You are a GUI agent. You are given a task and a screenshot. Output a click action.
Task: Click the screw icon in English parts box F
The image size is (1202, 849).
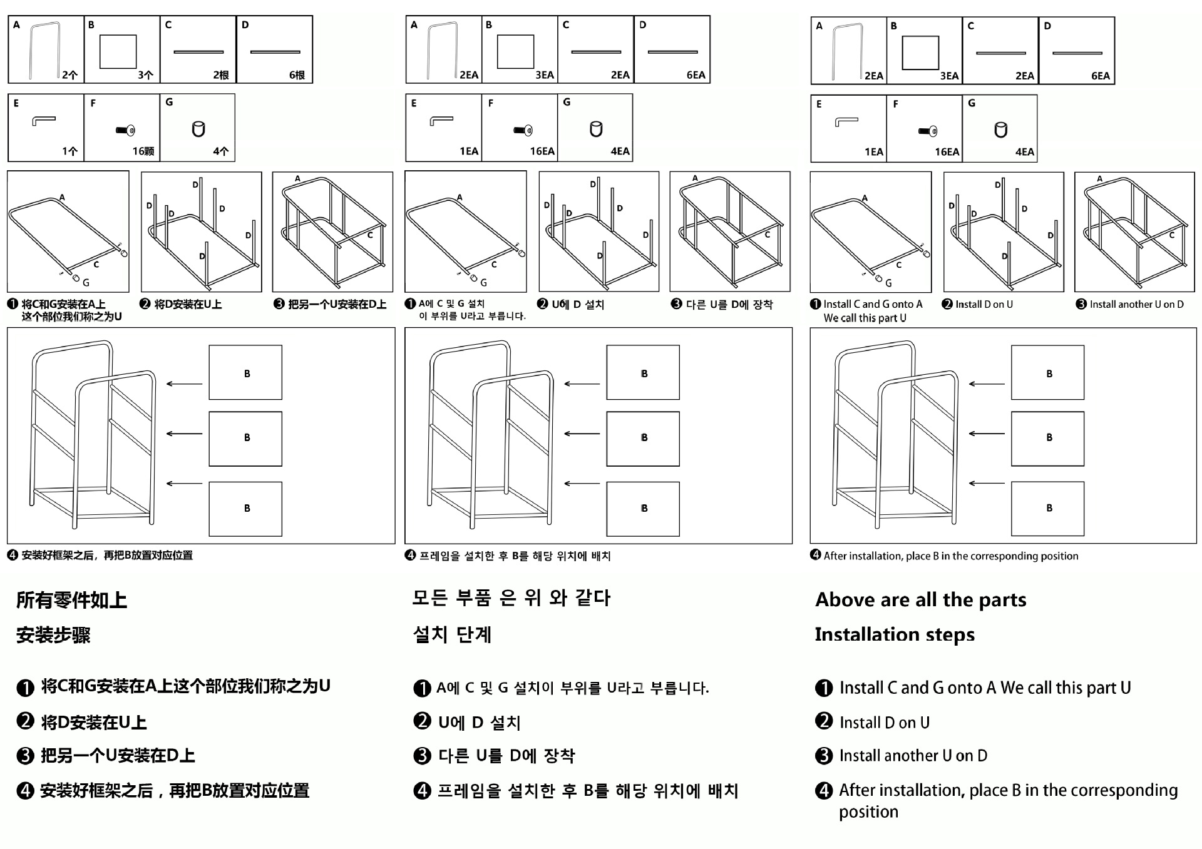point(928,131)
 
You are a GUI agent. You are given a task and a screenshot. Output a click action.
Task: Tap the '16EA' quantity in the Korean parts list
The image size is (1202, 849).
point(542,151)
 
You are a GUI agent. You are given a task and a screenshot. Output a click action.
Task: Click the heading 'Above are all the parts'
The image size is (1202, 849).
point(920,600)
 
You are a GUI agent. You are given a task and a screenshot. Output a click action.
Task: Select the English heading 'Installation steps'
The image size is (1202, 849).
point(895,634)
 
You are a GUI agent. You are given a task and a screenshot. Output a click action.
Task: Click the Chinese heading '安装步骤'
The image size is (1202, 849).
point(53,635)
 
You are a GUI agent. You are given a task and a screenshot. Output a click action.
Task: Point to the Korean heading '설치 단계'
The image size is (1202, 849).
point(452,634)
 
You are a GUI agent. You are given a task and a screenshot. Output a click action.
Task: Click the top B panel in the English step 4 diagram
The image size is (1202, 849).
point(1047,373)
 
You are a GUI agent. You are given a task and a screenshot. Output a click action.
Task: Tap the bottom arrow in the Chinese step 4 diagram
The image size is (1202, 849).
point(185,484)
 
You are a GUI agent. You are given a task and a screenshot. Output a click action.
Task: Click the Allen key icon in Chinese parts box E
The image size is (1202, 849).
point(44,120)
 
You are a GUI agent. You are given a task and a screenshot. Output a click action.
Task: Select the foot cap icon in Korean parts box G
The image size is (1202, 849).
point(596,129)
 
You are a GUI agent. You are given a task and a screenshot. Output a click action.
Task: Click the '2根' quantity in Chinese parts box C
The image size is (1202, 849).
point(220,75)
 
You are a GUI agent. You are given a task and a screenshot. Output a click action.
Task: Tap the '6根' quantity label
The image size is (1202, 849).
point(297,75)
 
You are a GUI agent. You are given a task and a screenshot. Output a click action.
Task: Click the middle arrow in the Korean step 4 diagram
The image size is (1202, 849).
point(582,434)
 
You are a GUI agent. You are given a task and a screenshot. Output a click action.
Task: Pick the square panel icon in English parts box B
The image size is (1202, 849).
point(920,53)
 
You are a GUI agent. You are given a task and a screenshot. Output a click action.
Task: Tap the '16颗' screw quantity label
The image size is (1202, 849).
point(143,151)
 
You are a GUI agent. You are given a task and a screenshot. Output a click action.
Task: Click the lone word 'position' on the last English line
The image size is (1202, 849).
point(868,812)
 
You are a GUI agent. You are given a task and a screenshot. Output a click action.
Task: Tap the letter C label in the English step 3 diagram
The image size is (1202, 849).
point(1172,235)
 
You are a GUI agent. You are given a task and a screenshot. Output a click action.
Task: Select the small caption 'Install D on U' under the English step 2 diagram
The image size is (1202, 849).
point(984,305)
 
